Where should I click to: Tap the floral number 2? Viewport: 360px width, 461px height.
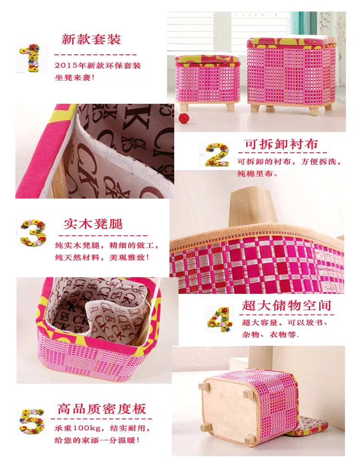(217, 155)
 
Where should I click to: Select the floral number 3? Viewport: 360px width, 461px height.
(34, 233)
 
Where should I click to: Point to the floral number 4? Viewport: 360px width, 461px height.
(219, 320)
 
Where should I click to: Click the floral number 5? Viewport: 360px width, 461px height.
(32, 422)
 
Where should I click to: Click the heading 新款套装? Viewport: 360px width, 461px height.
(91, 39)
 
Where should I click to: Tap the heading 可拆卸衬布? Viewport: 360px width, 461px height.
(282, 144)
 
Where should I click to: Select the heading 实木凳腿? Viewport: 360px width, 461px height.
(93, 224)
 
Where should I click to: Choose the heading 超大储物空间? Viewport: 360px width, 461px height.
(286, 306)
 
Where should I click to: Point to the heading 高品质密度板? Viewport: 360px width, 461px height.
(101, 409)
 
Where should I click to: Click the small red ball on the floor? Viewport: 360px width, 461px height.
(184, 118)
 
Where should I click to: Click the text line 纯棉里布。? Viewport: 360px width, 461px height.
(258, 173)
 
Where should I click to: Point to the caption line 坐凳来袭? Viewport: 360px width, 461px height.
(75, 78)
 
